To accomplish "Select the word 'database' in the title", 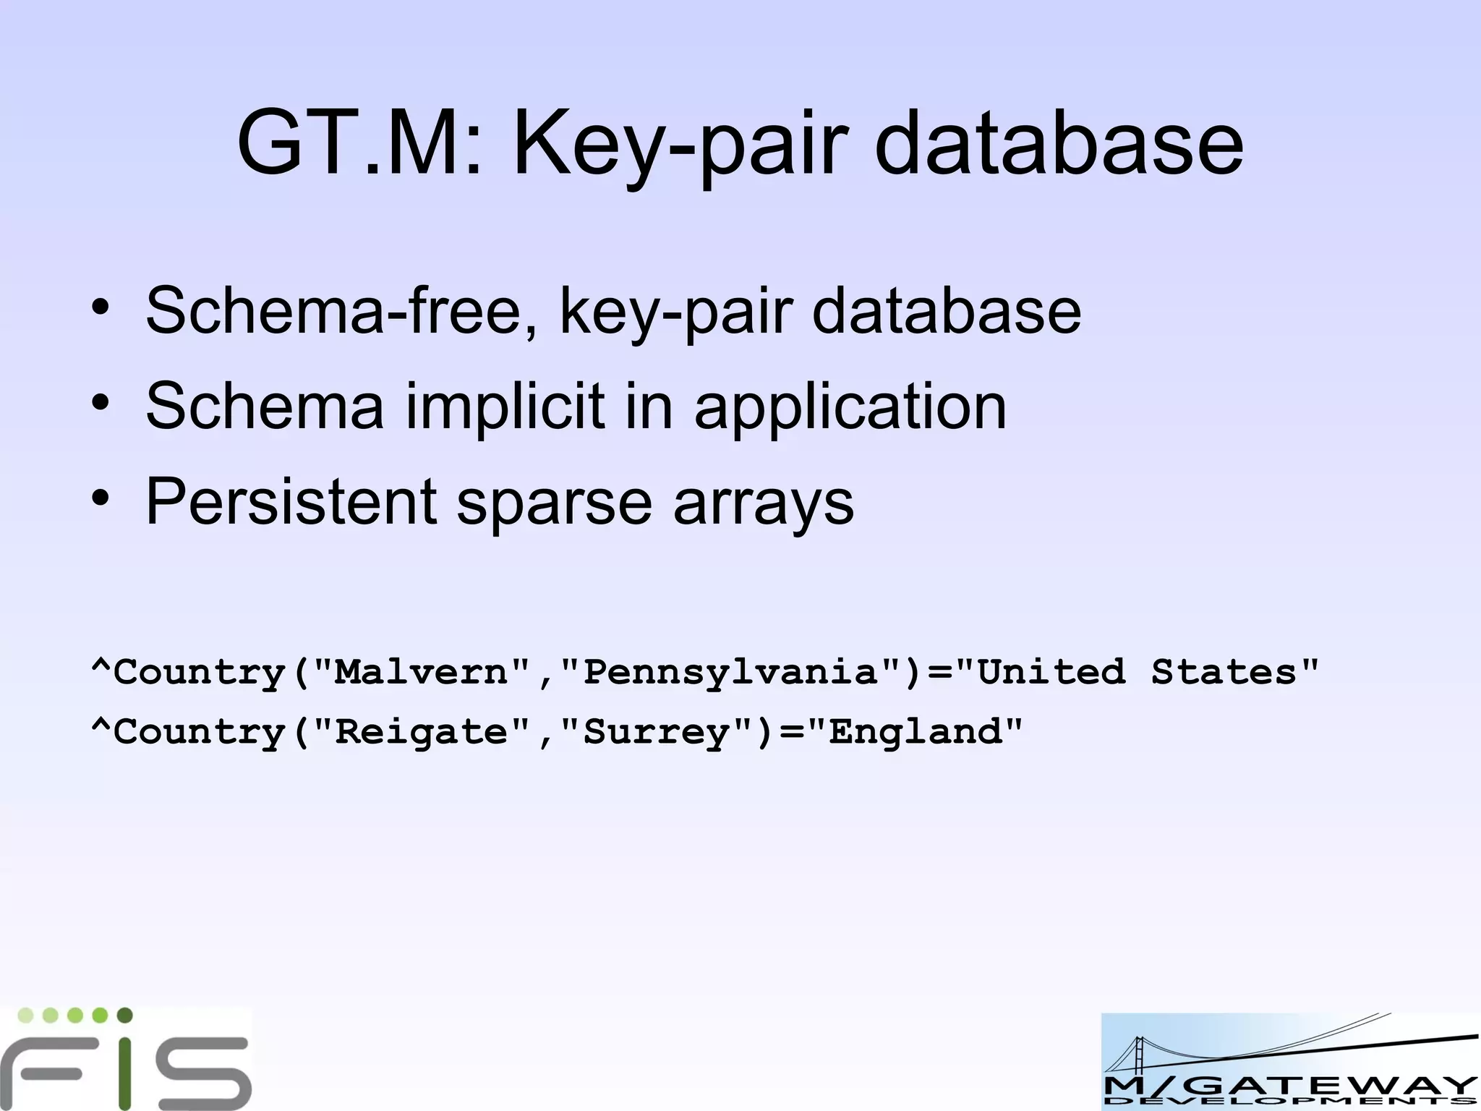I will click(1059, 142).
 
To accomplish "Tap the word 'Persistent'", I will click(291, 501).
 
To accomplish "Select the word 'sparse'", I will click(555, 504).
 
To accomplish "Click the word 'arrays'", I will click(764, 504).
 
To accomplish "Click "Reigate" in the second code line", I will click(422, 732).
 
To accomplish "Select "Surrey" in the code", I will click(657, 733).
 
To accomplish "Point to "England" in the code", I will click(916, 731).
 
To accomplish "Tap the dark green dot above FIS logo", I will click(124, 1015).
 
